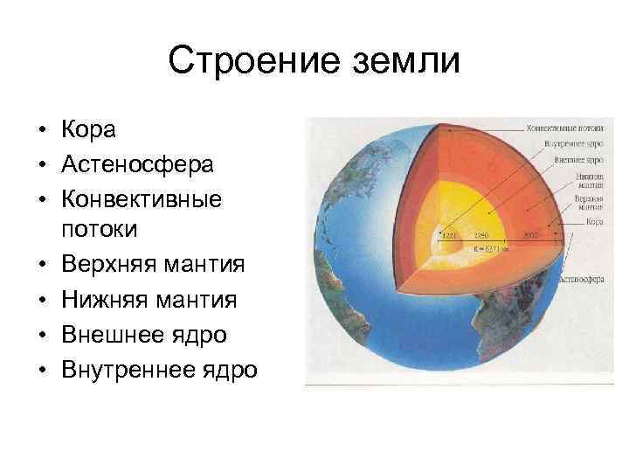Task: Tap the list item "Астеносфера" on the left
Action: tap(136, 163)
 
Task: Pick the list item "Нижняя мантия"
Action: tap(149, 300)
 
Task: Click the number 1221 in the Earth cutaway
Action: tap(449, 235)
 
